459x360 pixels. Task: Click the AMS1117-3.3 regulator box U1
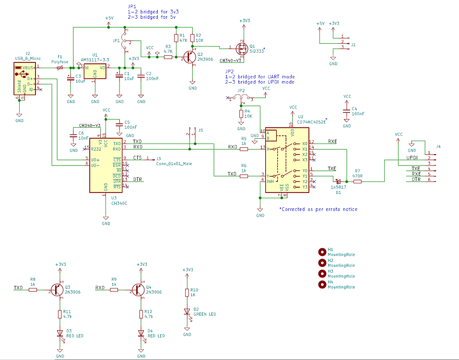[95, 71]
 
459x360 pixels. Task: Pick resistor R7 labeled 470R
[357, 181]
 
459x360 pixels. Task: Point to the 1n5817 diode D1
[338, 181]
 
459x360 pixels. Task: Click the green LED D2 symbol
[188, 312]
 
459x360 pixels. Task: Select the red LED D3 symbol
[60, 333]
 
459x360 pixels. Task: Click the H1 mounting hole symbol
[322, 252]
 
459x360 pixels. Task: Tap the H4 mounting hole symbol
[322, 285]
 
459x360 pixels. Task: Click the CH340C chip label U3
[119, 203]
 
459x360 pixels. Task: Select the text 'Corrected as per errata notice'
[318, 209]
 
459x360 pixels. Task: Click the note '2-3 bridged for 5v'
[152, 17]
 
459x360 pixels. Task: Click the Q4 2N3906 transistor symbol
[139, 289]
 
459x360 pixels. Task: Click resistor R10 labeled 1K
[188, 293]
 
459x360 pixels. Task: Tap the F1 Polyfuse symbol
[59, 68]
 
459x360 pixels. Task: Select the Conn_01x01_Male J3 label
[174, 163]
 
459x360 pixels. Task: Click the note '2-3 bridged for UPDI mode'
[259, 82]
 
